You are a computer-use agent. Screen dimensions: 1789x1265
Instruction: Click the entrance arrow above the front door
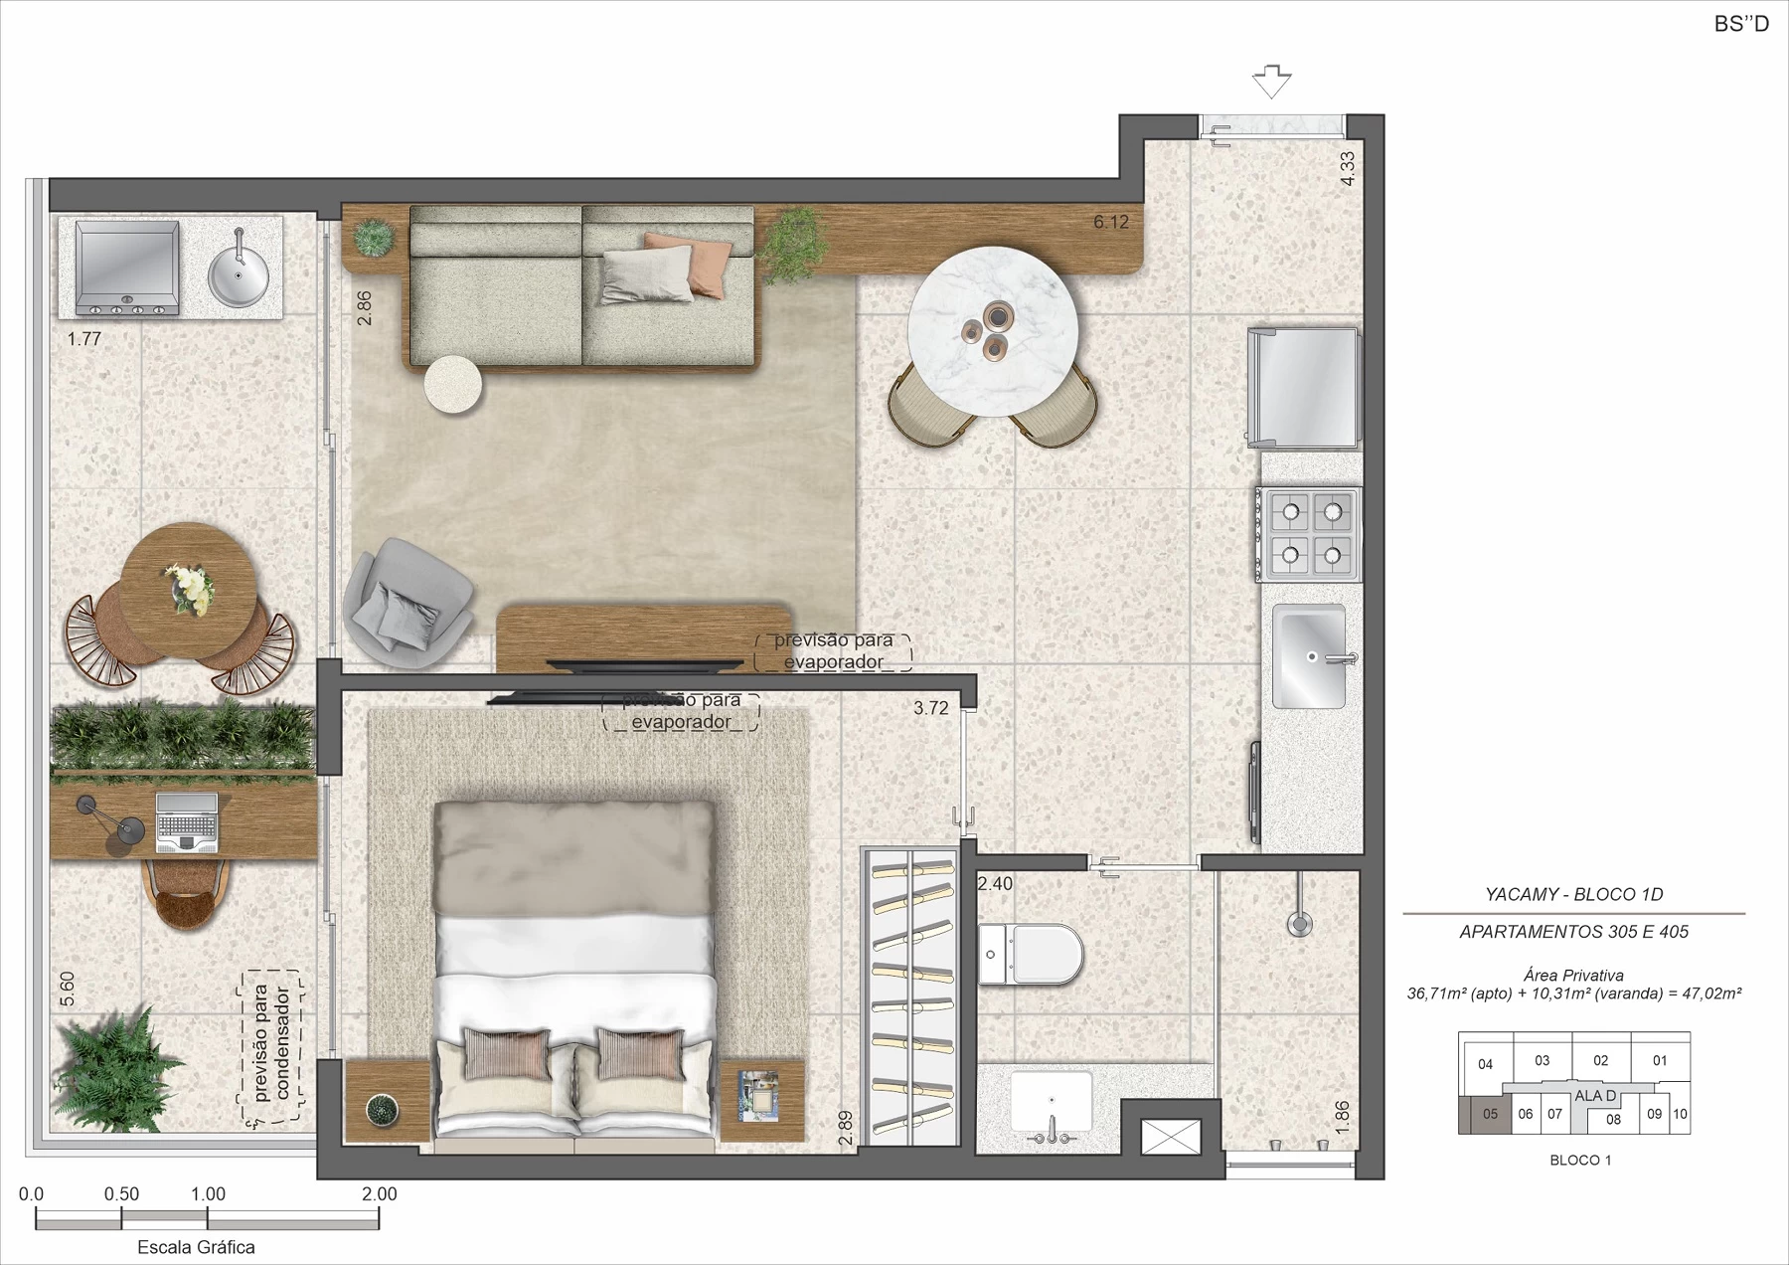(x=1271, y=82)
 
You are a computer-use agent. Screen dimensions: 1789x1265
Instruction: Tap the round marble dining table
(x=992, y=332)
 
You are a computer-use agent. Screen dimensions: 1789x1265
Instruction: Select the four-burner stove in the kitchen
(x=1309, y=534)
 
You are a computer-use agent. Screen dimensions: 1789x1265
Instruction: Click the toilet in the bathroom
(x=1030, y=954)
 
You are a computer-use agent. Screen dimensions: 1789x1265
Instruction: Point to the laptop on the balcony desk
(x=187, y=822)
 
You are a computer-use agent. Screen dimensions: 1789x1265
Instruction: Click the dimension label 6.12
(x=1111, y=222)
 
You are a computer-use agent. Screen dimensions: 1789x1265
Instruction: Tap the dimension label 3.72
(x=931, y=708)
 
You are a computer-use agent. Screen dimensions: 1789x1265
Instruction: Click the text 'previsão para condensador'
(x=271, y=1043)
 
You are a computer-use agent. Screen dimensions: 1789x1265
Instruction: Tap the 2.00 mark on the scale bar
(x=379, y=1194)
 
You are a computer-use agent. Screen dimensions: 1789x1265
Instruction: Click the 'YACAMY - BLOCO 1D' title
(x=1573, y=894)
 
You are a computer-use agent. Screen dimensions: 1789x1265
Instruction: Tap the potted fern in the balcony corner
(x=114, y=1068)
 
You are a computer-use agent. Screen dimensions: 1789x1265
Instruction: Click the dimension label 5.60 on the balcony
(x=67, y=988)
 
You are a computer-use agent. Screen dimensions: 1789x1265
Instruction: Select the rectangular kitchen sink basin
(x=1309, y=656)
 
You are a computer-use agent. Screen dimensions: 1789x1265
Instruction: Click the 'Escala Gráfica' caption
(x=196, y=1247)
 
